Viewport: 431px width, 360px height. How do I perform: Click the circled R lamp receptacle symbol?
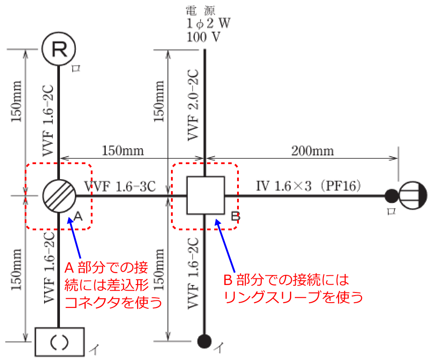pyautogui.click(x=59, y=49)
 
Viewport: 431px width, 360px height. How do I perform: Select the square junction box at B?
pyautogui.click(x=205, y=195)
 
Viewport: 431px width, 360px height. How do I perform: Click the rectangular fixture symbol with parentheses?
pyautogui.click(x=59, y=341)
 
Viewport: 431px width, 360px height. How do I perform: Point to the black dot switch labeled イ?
pyautogui.click(x=204, y=341)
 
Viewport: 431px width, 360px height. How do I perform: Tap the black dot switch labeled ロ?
pyautogui.click(x=390, y=195)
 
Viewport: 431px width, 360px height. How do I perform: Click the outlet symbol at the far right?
pyautogui.click(x=413, y=195)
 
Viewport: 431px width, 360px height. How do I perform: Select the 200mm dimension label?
pyautogui.click(x=313, y=151)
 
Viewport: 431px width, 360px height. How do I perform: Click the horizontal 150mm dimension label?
pyautogui.click(x=123, y=151)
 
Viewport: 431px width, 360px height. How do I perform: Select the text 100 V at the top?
pyautogui.click(x=203, y=37)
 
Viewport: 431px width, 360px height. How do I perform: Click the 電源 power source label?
pyautogui.click(x=203, y=9)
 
